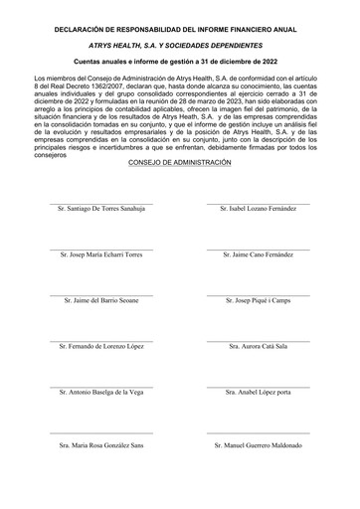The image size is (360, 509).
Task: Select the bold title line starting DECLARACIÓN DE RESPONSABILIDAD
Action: point(180,30)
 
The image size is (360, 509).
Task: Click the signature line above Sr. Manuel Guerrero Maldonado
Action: point(258,434)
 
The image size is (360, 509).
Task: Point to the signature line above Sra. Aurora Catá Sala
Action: point(258,340)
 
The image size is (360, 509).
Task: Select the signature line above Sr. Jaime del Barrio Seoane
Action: point(102,294)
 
